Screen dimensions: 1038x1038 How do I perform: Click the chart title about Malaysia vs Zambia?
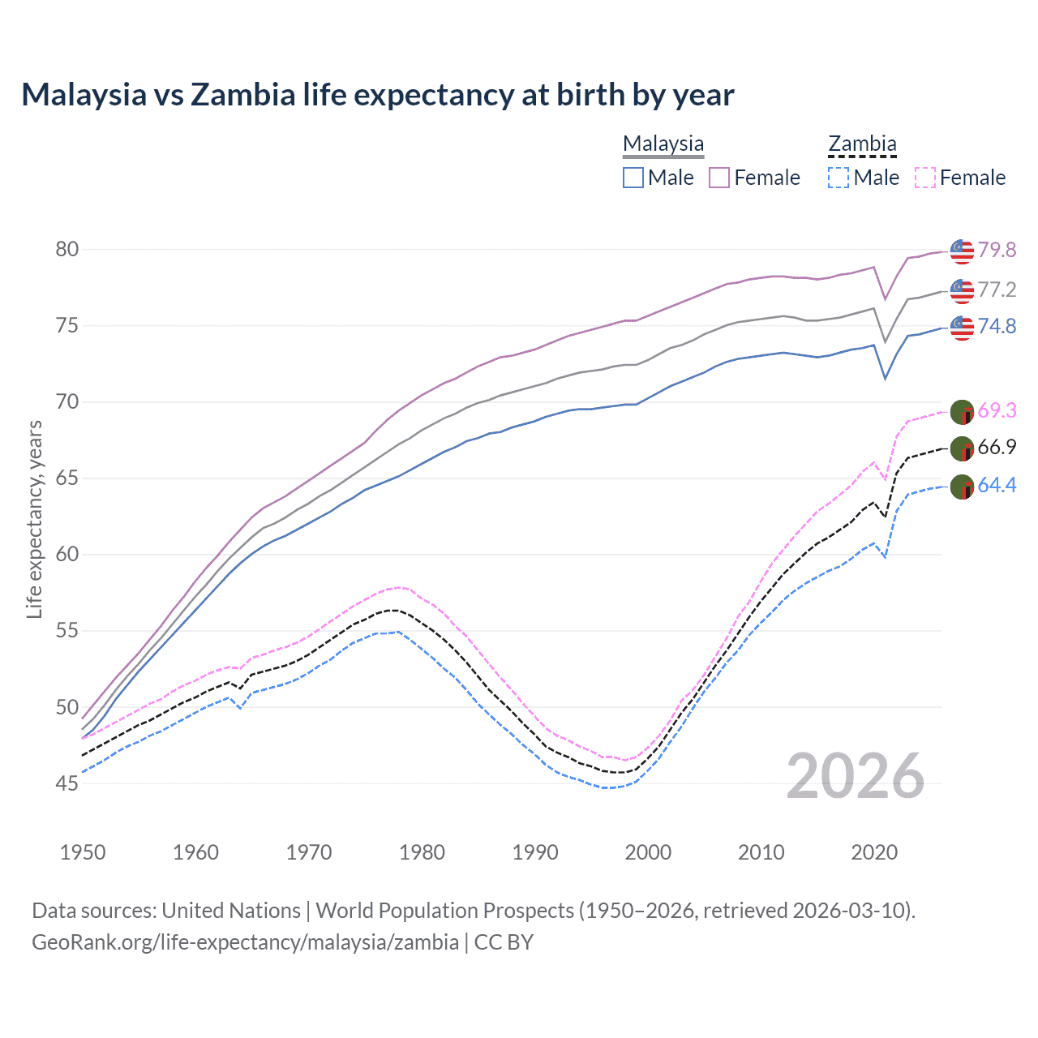(x=377, y=95)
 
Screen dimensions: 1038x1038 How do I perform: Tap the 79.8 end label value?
(x=997, y=250)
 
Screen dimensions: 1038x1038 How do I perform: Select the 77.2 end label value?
(x=997, y=290)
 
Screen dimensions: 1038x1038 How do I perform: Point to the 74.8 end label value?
(x=997, y=326)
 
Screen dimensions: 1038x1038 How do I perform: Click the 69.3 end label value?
(x=997, y=410)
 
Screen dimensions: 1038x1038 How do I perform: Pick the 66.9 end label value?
(x=997, y=447)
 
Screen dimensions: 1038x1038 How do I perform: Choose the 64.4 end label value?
(x=997, y=485)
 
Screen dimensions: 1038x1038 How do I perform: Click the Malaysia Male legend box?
(x=633, y=178)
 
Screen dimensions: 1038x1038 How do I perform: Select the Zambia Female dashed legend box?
(x=925, y=178)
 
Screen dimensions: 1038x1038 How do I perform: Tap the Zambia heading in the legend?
(x=862, y=144)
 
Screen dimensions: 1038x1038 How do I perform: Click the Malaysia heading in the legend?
(x=663, y=144)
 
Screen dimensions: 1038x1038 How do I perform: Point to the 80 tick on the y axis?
(x=67, y=249)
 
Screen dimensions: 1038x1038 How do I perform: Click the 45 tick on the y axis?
(x=67, y=783)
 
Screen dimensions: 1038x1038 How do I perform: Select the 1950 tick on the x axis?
(x=83, y=852)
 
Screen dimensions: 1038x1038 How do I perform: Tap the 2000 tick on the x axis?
(x=648, y=852)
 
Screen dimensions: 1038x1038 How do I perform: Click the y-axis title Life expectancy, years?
(x=34, y=519)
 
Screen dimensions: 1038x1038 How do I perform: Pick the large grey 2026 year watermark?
(x=856, y=776)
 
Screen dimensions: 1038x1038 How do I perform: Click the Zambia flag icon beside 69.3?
(x=962, y=411)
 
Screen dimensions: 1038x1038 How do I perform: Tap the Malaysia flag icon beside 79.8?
(x=962, y=251)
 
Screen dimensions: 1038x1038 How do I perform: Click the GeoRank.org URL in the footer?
(x=245, y=942)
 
